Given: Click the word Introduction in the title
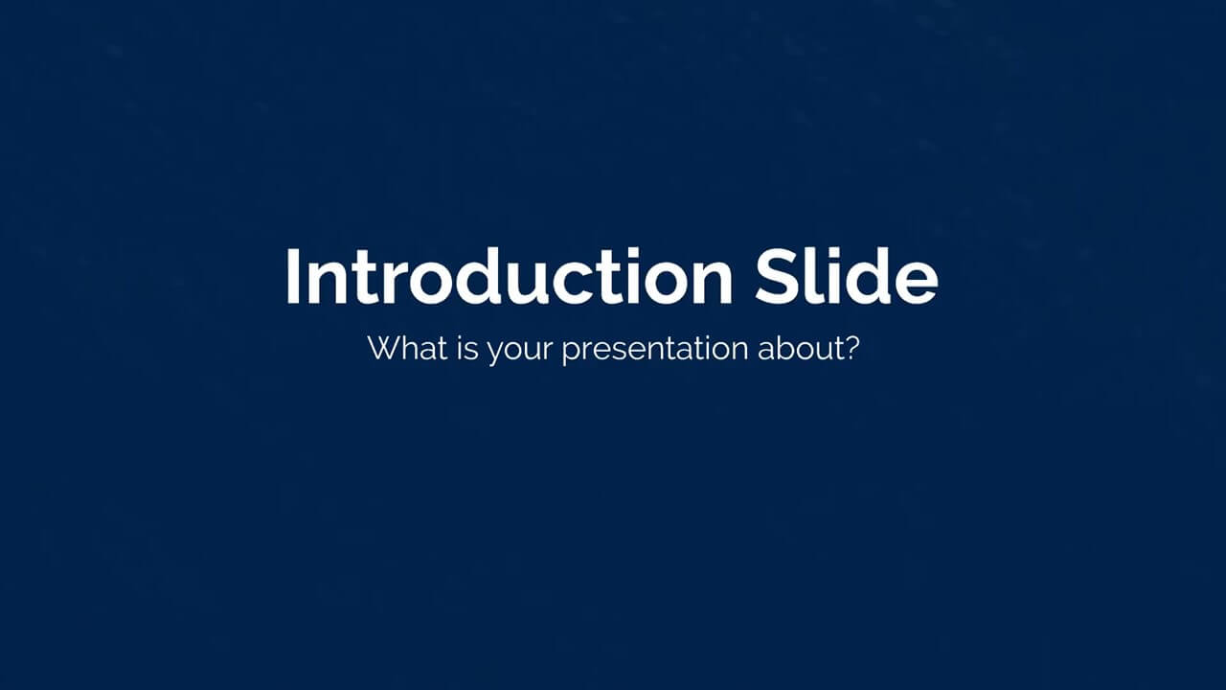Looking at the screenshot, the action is click(x=509, y=276).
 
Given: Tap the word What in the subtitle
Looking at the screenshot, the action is click(x=408, y=348).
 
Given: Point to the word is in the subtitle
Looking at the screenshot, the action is click(x=467, y=348).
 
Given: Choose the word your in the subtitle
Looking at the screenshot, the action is click(x=519, y=352).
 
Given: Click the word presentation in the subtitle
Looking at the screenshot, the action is click(x=655, y=351).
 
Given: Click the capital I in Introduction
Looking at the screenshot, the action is click(x=292, y=277).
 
